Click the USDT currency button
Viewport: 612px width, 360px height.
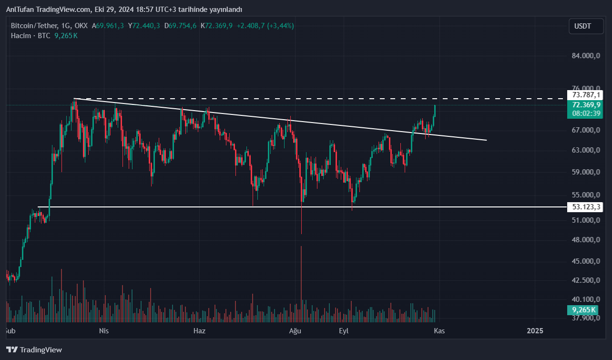point(582,26)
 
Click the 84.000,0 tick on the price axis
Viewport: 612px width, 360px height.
point(585,56)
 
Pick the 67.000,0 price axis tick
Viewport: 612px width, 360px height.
point(585,130)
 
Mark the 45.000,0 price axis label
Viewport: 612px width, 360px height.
point(585,261)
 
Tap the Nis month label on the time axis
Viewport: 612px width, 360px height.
point(104,330)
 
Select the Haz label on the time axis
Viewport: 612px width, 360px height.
point(199,330)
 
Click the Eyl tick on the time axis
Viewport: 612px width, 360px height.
point(344,330)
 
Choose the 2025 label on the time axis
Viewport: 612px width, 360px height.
point(535,330)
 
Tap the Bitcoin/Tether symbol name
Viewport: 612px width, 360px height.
point(34,25)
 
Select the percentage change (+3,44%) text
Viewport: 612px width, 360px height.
point(281,25)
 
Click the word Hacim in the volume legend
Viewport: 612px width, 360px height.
point(21,35)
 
